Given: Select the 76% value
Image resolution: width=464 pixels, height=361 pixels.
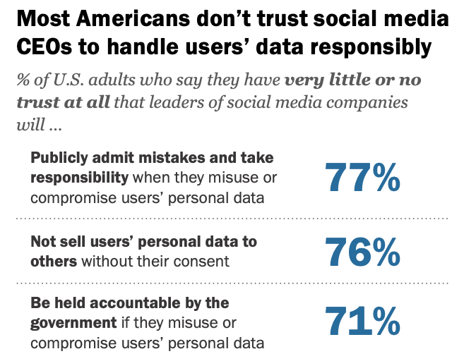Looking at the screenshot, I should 362,252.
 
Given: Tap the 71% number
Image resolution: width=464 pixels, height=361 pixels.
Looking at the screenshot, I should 362,321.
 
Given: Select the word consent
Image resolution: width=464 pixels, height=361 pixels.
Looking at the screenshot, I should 204,261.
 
